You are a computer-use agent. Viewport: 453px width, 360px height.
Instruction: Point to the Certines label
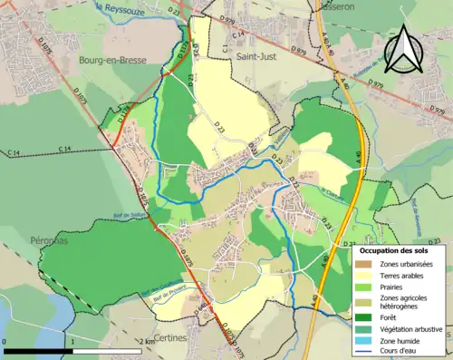click(x=169, y=338)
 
